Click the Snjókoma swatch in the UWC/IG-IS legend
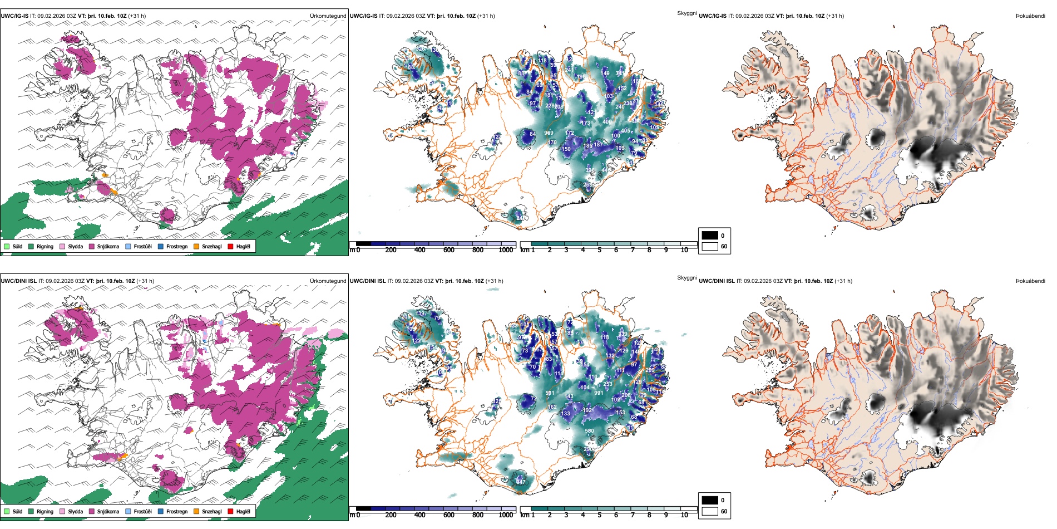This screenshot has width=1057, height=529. coord(92,246)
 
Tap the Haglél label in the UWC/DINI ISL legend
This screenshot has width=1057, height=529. coord(243,511)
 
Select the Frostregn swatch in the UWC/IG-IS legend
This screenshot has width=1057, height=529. coord(161,246)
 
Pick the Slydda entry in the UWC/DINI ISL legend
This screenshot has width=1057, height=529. coord(75,511)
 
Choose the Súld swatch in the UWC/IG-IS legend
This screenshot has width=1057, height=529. coord(7,246)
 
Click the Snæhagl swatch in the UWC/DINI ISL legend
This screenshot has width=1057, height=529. coord(196,511)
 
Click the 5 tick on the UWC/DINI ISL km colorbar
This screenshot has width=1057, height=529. coord(599,515)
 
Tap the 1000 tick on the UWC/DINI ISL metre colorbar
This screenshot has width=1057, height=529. coord(506,515)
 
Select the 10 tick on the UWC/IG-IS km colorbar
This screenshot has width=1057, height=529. coord(684,250)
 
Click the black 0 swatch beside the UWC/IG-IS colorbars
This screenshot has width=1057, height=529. coord(710,235)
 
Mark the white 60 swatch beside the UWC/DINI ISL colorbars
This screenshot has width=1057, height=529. coord(710,511)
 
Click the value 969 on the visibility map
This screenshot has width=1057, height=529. coord(549,133)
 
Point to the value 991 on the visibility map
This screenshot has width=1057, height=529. coord(599,393)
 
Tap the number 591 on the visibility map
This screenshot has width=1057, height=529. coord(550,393)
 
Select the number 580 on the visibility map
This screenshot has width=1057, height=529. coord(589,430)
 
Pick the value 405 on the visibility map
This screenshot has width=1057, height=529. coord(625,131)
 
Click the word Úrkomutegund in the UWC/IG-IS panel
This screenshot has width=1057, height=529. coord(328,16)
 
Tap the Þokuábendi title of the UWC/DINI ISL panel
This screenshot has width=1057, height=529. coord(1030,281)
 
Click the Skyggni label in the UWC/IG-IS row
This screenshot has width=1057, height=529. coord(686,13)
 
